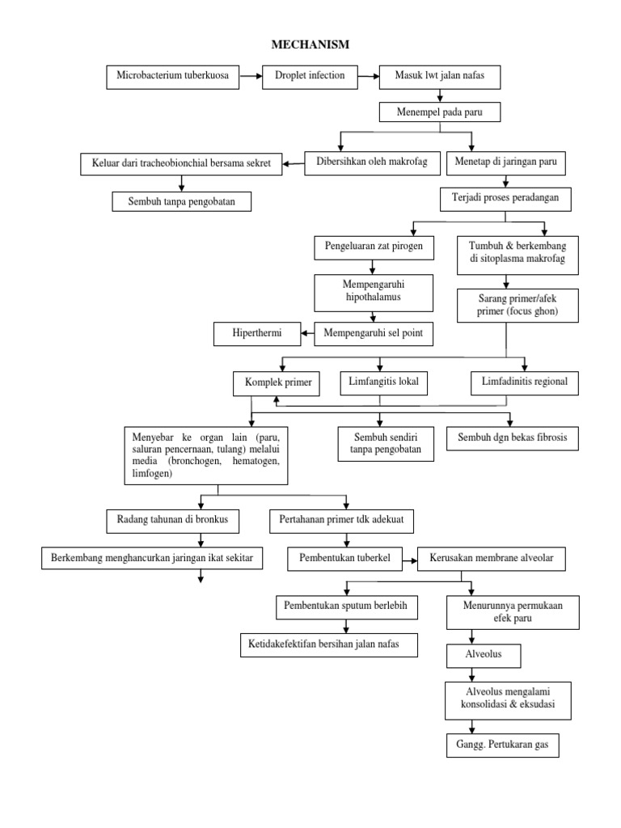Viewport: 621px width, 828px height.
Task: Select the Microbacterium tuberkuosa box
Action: (x=173, y=77)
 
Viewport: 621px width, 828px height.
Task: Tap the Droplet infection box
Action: (x=310, y=77)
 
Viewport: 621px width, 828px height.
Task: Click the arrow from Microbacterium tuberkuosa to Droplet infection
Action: (x=251, y=77)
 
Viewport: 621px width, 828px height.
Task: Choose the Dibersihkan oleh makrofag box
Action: (x=375, y=163)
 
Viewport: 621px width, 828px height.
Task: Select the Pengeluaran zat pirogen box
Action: (x=370, y=245)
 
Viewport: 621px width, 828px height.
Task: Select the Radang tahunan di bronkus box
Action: (x=173, y=522)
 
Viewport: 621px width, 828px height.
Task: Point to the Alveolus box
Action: (x=484, y=655)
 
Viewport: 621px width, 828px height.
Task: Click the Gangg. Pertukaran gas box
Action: (x=502, y=745)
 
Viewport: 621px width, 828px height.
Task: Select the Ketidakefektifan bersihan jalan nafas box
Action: (x=329, y=644)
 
